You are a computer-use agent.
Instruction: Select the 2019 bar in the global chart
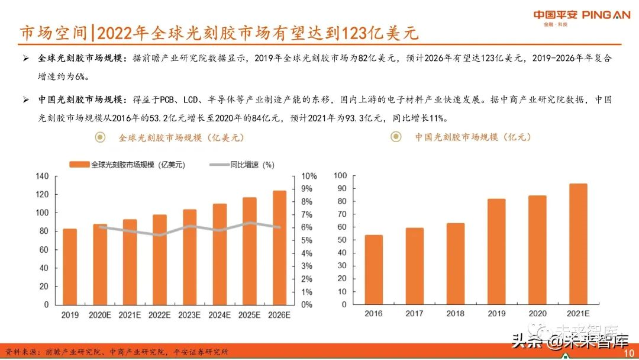pyautogui.click(x=70, y=266)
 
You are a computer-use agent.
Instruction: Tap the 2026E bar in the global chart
pyautogui.click(x=279, y=247)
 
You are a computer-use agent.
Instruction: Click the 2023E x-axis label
pyautogui.click(x=189, y=315)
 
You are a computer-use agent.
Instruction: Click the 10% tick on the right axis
pyautogui.click(x=309, y=176)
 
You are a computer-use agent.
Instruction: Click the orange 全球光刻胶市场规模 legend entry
pyautogui.click(x=128, y=165)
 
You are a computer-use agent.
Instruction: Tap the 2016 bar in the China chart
pyautogui.click(x=373, y=270)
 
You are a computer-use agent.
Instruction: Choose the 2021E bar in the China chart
pyautogui.click(x=578, y=245)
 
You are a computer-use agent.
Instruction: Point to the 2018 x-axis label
pyautogui.click(x=456, y=314)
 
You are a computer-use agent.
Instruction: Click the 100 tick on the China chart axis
pyautogui.click(x=340, y=176)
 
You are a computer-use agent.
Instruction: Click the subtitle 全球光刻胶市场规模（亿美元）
pyautogui.click(x=180, y=137)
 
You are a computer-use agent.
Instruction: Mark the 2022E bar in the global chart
pyautogui.click(x=160, y=259)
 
